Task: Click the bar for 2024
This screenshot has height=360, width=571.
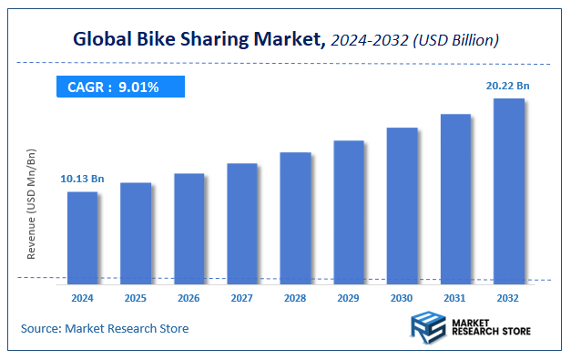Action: tap(82, 235)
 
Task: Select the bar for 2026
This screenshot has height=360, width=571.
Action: tap(189, 226)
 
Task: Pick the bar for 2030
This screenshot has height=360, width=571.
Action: tap(402, 203)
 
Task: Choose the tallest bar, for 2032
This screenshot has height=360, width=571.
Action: tap(508, 189)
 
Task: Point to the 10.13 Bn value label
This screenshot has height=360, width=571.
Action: tap(82, 179)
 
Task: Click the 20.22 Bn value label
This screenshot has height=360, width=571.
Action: tap(508, 86)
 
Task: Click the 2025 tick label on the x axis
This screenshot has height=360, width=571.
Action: tap(136, 297)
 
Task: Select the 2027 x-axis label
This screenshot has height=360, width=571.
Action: tap(242, 297)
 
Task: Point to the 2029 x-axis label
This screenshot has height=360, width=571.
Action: tap(349, 297)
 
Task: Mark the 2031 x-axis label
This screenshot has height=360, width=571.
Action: tap(455, 297)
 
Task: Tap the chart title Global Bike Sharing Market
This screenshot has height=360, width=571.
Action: tap(196, 40)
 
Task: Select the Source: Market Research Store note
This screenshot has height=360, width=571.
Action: tap(105, 328)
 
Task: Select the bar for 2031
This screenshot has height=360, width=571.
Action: tap(455, 197)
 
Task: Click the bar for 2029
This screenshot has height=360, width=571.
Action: tap(349, 210)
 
